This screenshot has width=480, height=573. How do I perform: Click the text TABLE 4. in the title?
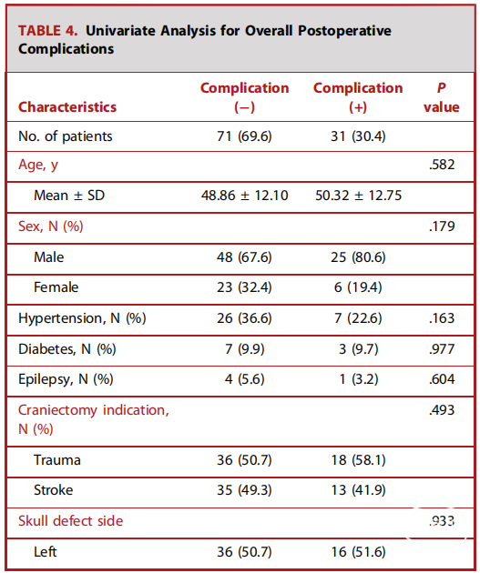click(48, 31)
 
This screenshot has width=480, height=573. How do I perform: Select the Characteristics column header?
click(67, 107)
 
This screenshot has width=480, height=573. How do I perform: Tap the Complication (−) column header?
click(244, 97)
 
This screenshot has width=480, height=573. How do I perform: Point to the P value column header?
click(441, 97)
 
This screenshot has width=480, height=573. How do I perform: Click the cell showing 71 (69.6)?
click(244, 136)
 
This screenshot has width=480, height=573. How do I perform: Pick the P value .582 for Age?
click(442, 165)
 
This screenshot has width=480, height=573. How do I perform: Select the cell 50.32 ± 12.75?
click(359, 196)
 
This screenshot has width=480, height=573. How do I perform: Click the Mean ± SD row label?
click(69, 196)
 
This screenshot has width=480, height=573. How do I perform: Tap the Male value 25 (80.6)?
click(358, 257)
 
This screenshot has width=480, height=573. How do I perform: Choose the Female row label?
click(56, 287)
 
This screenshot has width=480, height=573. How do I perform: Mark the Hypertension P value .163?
click(442, 318)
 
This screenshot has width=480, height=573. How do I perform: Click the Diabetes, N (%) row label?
click(67, 349)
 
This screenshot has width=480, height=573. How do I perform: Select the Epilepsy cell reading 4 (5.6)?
click(244, 379)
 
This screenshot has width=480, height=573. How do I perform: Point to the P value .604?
click(442, 379)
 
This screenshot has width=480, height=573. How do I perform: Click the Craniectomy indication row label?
click(94, 419)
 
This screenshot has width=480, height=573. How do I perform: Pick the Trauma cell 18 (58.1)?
click(358, 459)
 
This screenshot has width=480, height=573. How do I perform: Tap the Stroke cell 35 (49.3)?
click(244, 490)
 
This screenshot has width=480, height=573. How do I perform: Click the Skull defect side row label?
click(71, 521)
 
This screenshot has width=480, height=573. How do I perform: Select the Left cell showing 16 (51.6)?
click(358, 552)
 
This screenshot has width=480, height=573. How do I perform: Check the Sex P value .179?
click(442, 226)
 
